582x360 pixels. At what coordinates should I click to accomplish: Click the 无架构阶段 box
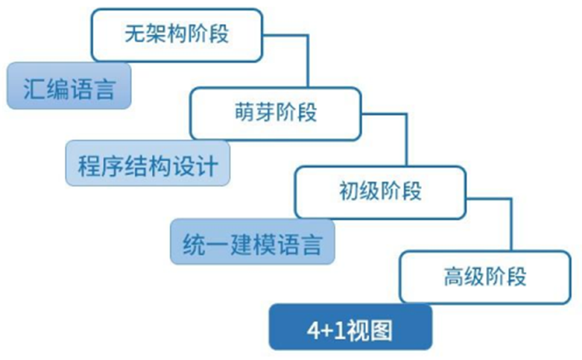coord(176,34)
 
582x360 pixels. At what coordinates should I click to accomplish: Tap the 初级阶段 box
coord(379,192)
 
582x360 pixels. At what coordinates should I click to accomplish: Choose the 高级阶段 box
coord(484,277)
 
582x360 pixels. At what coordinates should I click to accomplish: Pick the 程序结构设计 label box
coord(148,164)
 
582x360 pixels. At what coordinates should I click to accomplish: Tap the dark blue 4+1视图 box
coord(349,327)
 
